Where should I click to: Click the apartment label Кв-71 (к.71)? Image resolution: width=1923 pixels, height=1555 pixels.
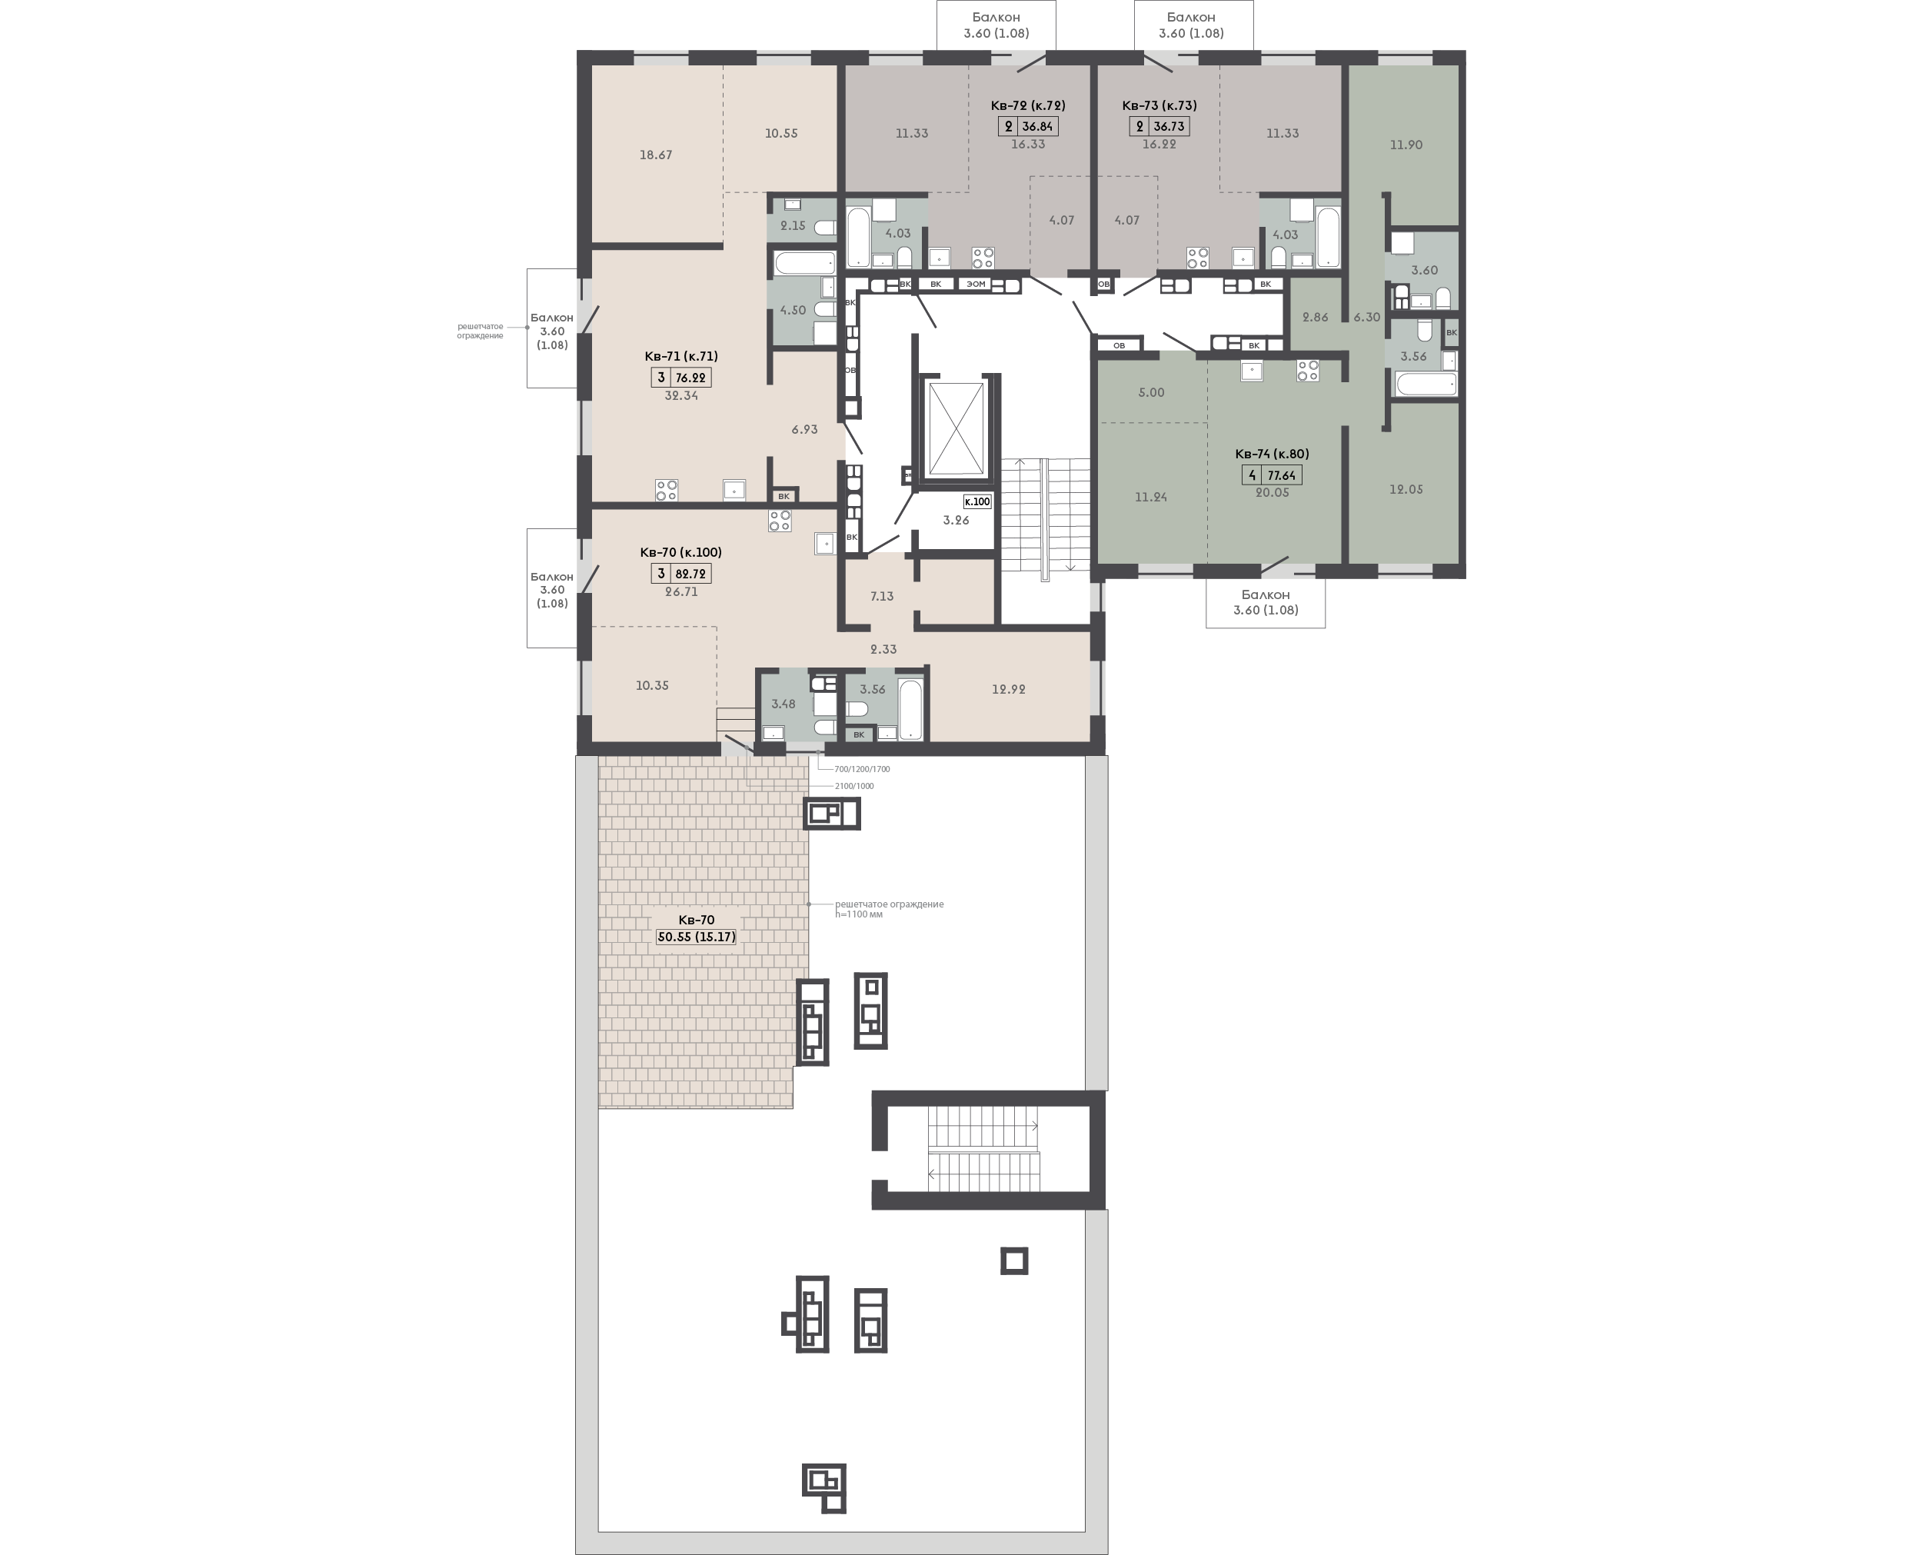click(680, 355)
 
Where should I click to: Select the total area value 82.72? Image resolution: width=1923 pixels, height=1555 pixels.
click(690, 574)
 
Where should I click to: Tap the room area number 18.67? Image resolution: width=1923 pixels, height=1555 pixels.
click(656, 155)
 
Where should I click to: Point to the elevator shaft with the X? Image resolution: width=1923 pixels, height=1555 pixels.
click(956, 428)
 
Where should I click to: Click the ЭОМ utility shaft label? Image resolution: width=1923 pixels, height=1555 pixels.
click(976, 285)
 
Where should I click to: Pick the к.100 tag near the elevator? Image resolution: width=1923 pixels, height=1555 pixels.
click(977, 501)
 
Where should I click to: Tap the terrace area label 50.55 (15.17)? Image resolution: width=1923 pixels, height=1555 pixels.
click(696, 937)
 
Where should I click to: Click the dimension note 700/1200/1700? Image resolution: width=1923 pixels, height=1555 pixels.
click(862, 768)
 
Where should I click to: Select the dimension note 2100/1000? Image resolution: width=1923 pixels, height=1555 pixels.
click(853, 785)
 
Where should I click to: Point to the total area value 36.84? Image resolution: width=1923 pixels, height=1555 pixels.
click(1037, 126)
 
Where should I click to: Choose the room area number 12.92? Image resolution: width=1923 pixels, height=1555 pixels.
click(1009, 690)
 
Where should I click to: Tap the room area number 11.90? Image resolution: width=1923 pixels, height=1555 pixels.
click(1406, 145)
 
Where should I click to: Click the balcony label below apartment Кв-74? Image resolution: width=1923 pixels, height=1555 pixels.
click(1266, 602)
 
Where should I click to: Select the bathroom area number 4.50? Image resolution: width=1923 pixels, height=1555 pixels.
click(793, 310)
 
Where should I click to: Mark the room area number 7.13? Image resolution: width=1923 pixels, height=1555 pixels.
click(881, 597)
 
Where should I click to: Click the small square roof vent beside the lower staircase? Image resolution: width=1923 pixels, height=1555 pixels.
click(1014, 1261)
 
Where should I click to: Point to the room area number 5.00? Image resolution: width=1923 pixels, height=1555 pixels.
click(1151, 392)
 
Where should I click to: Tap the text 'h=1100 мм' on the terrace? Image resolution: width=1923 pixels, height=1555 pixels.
click(859, 914)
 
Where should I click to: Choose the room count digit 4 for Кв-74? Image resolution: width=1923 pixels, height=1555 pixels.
click(1251, 475)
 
